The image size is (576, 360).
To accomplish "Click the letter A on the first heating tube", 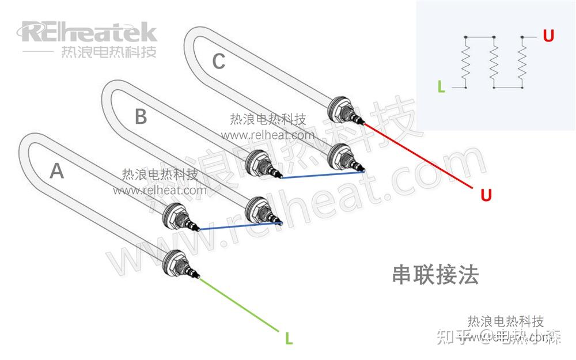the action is tap(56, 171).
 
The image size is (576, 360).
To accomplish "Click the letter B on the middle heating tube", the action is tap(141, 118).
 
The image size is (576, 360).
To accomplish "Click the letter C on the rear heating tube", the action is tap(218, 61).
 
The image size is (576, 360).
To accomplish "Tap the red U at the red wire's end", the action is tap(486, 196).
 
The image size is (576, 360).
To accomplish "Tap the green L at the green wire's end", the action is tap(289, 339).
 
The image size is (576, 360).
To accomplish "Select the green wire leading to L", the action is tap(242, 305).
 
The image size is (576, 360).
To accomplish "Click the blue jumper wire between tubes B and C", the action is tap(323, 175).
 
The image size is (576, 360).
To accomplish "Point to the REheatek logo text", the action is tap(89, 32).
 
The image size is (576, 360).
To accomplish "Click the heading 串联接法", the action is tap(435, 275).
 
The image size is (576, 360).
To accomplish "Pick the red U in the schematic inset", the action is tap(548, 36).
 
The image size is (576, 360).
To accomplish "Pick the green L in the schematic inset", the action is tap(441, 87).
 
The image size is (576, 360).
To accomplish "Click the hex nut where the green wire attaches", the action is tap(175, 261).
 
